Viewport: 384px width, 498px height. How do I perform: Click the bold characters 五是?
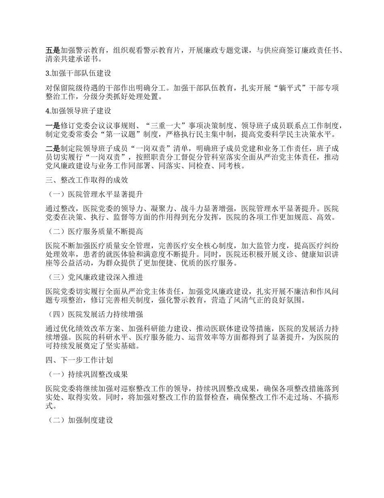(53, 51)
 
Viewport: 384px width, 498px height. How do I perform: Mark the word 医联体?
(222, 328)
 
